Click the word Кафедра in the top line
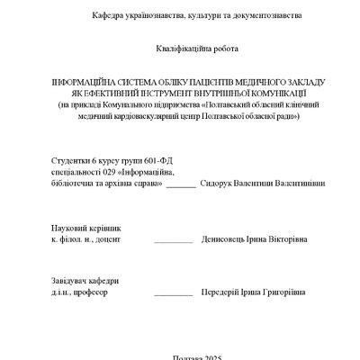click(x=109, y=17)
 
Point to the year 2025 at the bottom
click(x=200, y=356)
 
